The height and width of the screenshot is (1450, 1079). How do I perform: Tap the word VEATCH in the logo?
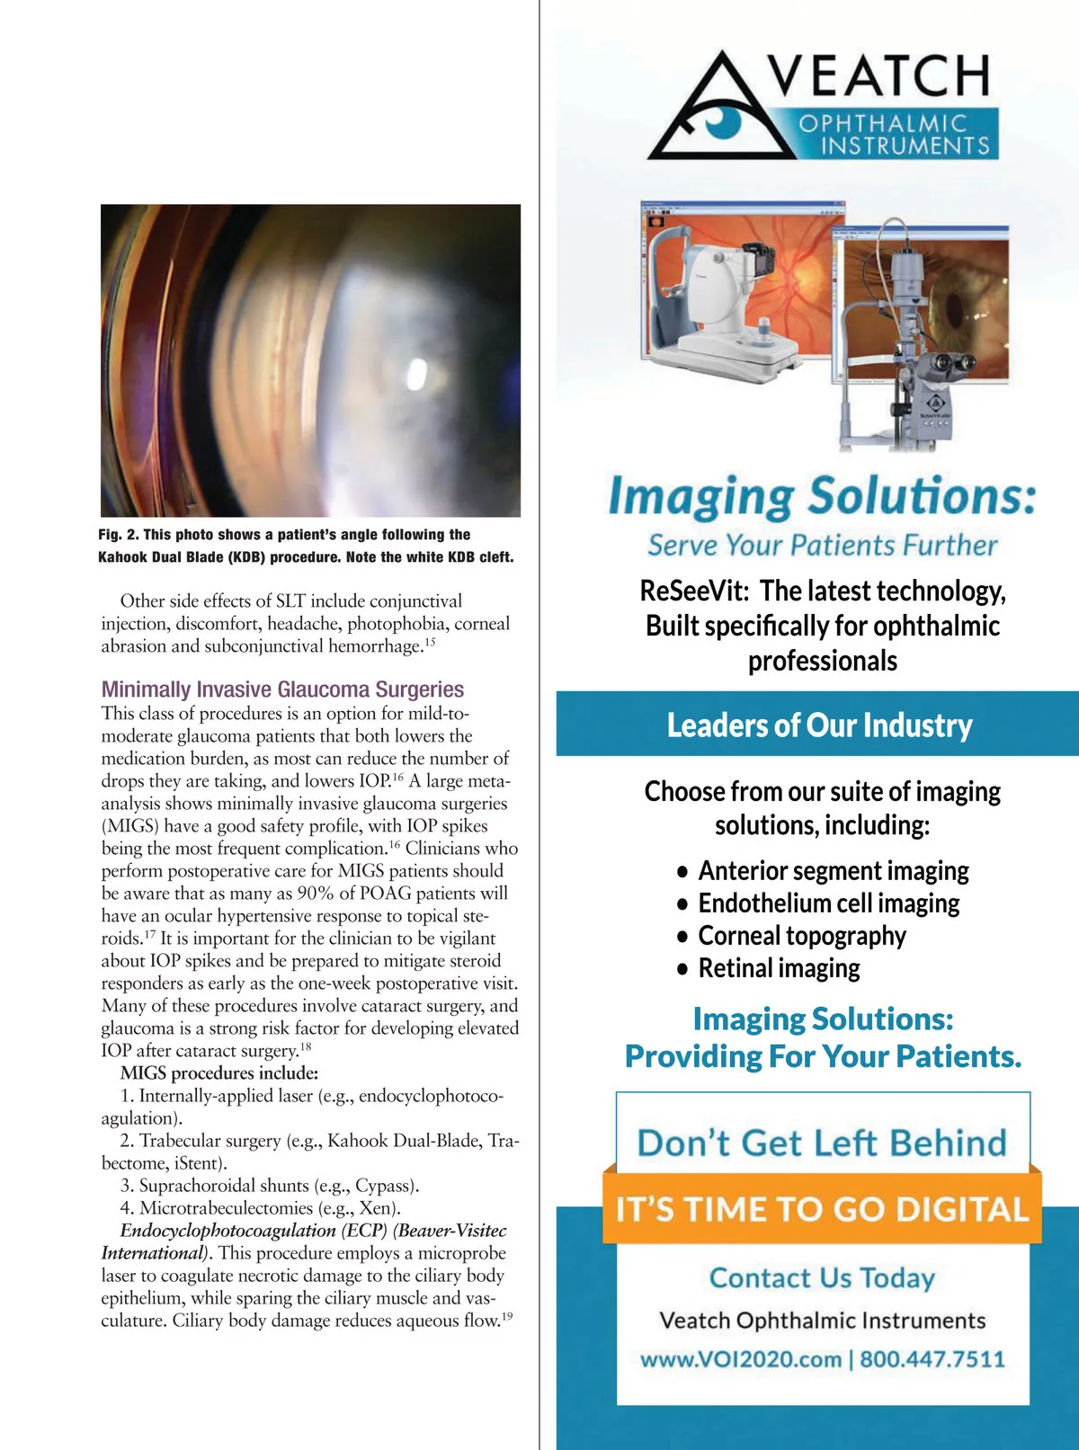pyautogui.click(x=879, y=76)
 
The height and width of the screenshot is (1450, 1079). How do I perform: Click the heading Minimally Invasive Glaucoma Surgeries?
pyautogui.click(x=282, y=689)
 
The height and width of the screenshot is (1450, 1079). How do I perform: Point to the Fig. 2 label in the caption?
pyautogui.click(x=118, y=535)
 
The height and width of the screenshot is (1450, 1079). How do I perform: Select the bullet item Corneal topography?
pyautogui.click(x=801, y=936)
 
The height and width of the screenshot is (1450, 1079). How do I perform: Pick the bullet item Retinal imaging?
pyautogui.click(x=779, y=968)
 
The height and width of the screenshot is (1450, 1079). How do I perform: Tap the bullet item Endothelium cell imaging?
pyautogui.click(x=828, y=903)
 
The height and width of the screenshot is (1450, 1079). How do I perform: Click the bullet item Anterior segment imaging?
pyautogui.click(x=833, y=871)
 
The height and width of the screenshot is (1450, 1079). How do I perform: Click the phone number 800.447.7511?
pyautogui.click(x=932, y=1358)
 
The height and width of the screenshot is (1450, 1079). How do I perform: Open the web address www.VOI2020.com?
pyautogui.click(x=741, y=1358)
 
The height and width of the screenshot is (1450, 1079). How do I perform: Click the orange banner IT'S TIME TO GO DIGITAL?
pyautogui.click(x=822, y=1209)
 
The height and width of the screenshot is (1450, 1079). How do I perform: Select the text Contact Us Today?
pyautogui.click(x=822, y=1277)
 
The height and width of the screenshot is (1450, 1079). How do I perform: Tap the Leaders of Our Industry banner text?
pyautogui.click(x=819, y=725)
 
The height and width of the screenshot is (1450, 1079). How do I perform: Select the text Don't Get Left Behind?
pyautogui.click(x=822, y=1143)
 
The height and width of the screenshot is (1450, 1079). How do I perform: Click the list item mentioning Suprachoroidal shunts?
pyautogui.click(x=270, y=1186)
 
